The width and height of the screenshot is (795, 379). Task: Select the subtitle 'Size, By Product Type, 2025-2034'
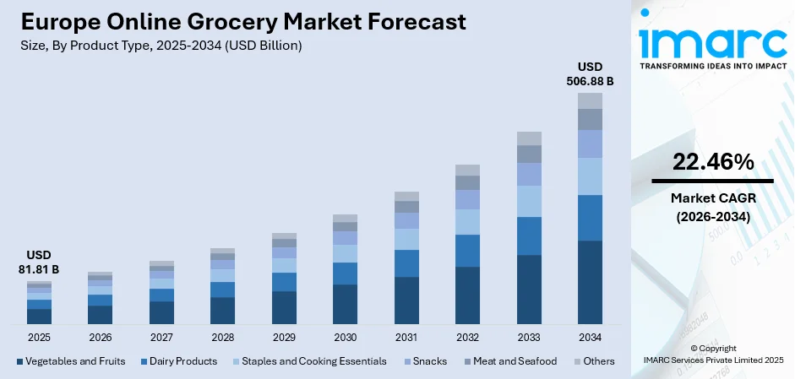coord(161,46)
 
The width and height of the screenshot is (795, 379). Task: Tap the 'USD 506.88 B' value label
coord(590,74)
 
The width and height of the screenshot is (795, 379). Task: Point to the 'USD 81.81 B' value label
coord(39,263)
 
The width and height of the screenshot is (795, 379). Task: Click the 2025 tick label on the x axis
coord(39,338)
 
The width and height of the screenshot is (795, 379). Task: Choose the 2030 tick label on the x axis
coord(345,338)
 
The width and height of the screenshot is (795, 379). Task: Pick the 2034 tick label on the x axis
coord(590,338)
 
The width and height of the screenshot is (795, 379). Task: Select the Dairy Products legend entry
coord(183,361)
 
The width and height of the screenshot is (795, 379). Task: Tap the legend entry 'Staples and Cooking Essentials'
coord(313,361)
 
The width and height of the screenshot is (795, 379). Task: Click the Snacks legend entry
coord(430,361)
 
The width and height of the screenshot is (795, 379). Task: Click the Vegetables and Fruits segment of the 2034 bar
coord(590,282)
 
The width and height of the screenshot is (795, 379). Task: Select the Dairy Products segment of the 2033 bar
coord(529,236)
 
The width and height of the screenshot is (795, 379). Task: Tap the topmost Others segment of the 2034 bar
coord(590,100)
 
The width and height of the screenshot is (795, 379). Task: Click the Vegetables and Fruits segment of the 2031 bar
coord(406,300)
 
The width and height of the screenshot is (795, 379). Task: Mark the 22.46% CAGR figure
coord(712,163)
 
